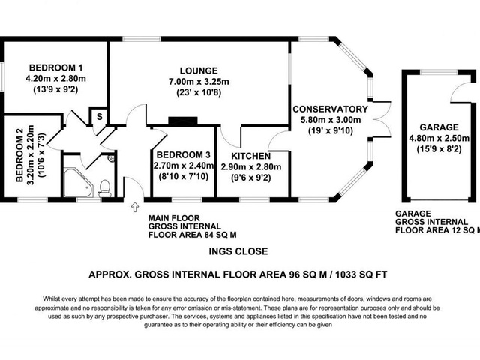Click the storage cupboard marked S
pyautogui.click(x=97, y=118)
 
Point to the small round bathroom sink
pyautogui.click(x=111, y=159)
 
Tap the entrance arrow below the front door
pyautogui.click(x=136, y=206)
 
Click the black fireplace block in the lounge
pyautogui.click(x=181, y=120)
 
